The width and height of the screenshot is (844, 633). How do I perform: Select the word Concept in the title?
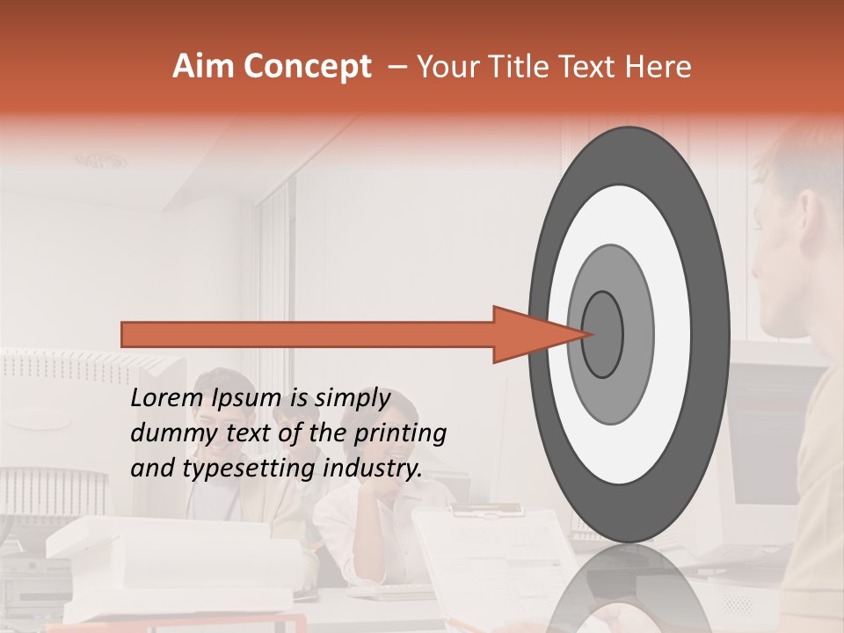pyautogui.click(x=308, y=67)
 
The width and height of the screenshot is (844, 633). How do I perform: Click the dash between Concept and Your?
pyautogui.click(x=397, y=67)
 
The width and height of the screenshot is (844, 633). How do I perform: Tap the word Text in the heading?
pyautogui.click(x=589, y=67)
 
